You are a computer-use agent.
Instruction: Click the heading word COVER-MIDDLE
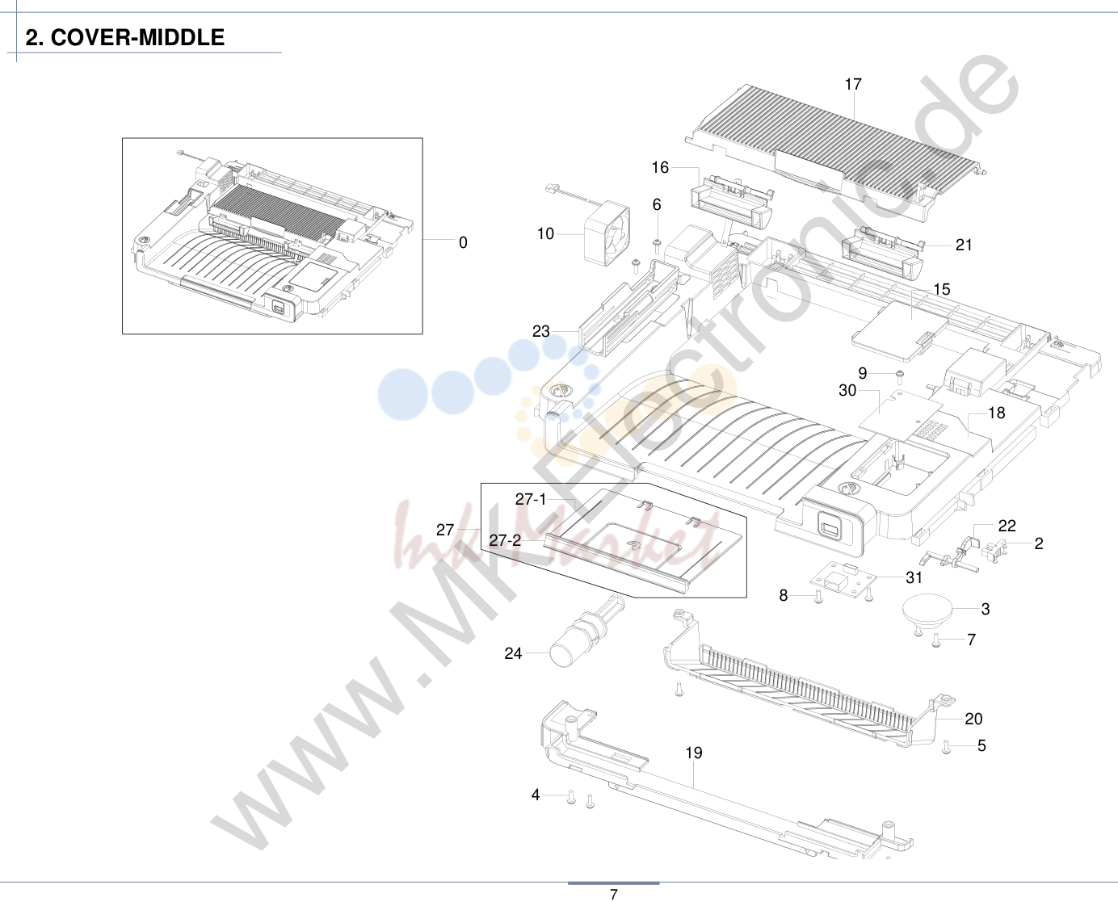click(x=137, y=38)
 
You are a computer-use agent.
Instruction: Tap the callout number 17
click(x=853, y=84)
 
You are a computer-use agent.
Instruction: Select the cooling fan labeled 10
click(x=607, y=233)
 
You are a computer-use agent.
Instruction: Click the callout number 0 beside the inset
click(x=463, y=242)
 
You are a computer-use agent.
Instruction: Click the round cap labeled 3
click(x=927, y=609)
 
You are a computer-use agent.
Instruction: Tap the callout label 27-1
click(x=531, y=499)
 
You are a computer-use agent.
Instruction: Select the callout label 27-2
click(x=505, y=540)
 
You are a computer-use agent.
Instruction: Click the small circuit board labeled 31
click(x=843, y=578)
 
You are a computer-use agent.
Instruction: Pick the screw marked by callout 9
click(x=900, y=375)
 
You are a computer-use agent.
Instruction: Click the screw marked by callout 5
click(x=947, y=747)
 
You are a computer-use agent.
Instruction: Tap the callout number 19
click(x=693, y=753)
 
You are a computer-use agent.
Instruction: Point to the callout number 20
click(x=973, y=719)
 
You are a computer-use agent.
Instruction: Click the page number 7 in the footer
click(x=614, y=894)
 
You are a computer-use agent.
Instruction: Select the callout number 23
click(x=540, y=331)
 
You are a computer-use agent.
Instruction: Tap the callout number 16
click(x=660, y=167)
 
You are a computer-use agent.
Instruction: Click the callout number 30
click(x=847, y=390)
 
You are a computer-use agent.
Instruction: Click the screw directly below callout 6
click(x=656, y=246)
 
